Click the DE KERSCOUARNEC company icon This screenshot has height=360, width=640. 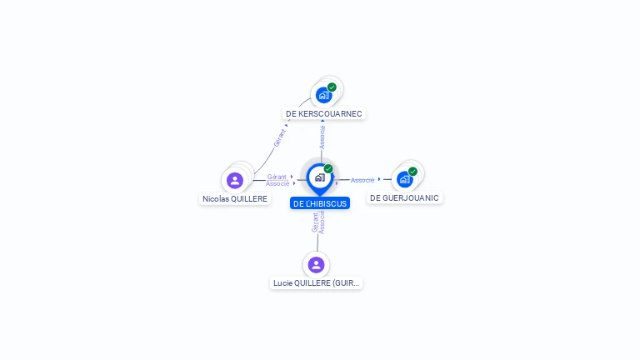pos(323,95)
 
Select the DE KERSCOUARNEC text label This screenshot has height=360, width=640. pos(324,113)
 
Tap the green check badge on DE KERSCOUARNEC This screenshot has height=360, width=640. pos(332,87)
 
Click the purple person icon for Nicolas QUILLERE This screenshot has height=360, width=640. pos(235,180)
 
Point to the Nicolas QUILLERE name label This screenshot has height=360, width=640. pos(235,199)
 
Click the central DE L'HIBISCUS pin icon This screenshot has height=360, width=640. pos(319,177)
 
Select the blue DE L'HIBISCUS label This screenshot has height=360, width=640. pos(320,203)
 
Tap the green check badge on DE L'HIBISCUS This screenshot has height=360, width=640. pos(328,169)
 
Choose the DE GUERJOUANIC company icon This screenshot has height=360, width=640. pos(404,179)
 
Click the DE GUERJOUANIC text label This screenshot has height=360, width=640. pos(404,197)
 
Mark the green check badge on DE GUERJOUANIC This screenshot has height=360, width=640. pos(412,172)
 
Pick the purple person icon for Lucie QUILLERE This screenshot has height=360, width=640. pos(316,265)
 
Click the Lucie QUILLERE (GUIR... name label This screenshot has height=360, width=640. pos(317,283)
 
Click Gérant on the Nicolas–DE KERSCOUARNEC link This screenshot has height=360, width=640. pos(281,137)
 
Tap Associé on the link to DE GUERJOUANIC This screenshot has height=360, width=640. pos(362,180)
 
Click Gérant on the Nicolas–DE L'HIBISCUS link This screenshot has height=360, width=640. pos(277,177)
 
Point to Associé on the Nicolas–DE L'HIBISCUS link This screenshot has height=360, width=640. pos(277,183)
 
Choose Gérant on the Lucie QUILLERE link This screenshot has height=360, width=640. pos(315,222)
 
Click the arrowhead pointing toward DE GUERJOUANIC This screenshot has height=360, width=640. pos(379,179)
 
